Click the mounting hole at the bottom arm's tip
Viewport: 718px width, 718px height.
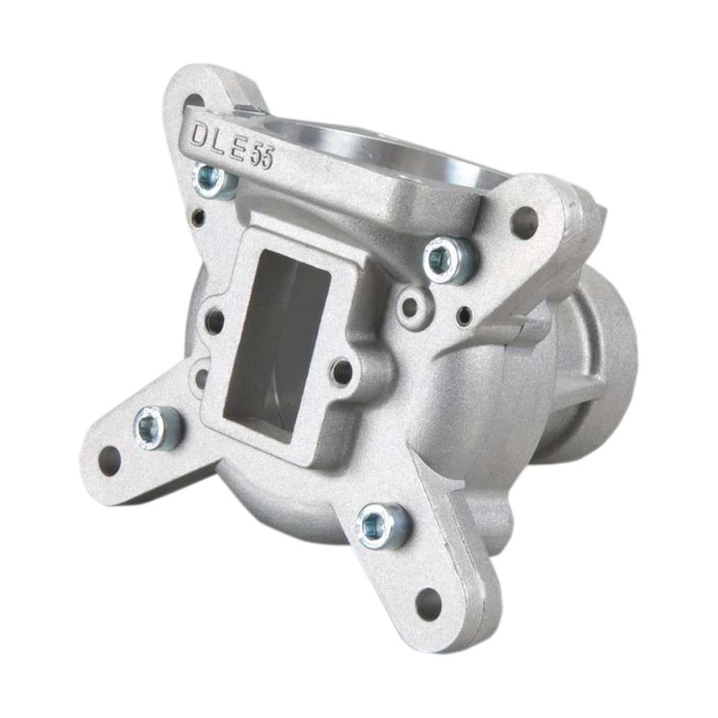coord(429,602)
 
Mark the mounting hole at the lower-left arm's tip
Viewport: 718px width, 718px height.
coord(109,460)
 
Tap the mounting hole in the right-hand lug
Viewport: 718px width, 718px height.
coord(524,222)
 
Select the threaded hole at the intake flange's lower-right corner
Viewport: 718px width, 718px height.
coord(342,370)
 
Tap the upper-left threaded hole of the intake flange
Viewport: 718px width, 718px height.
coord(215,321)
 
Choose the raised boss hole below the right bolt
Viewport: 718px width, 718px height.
coord(410,307)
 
